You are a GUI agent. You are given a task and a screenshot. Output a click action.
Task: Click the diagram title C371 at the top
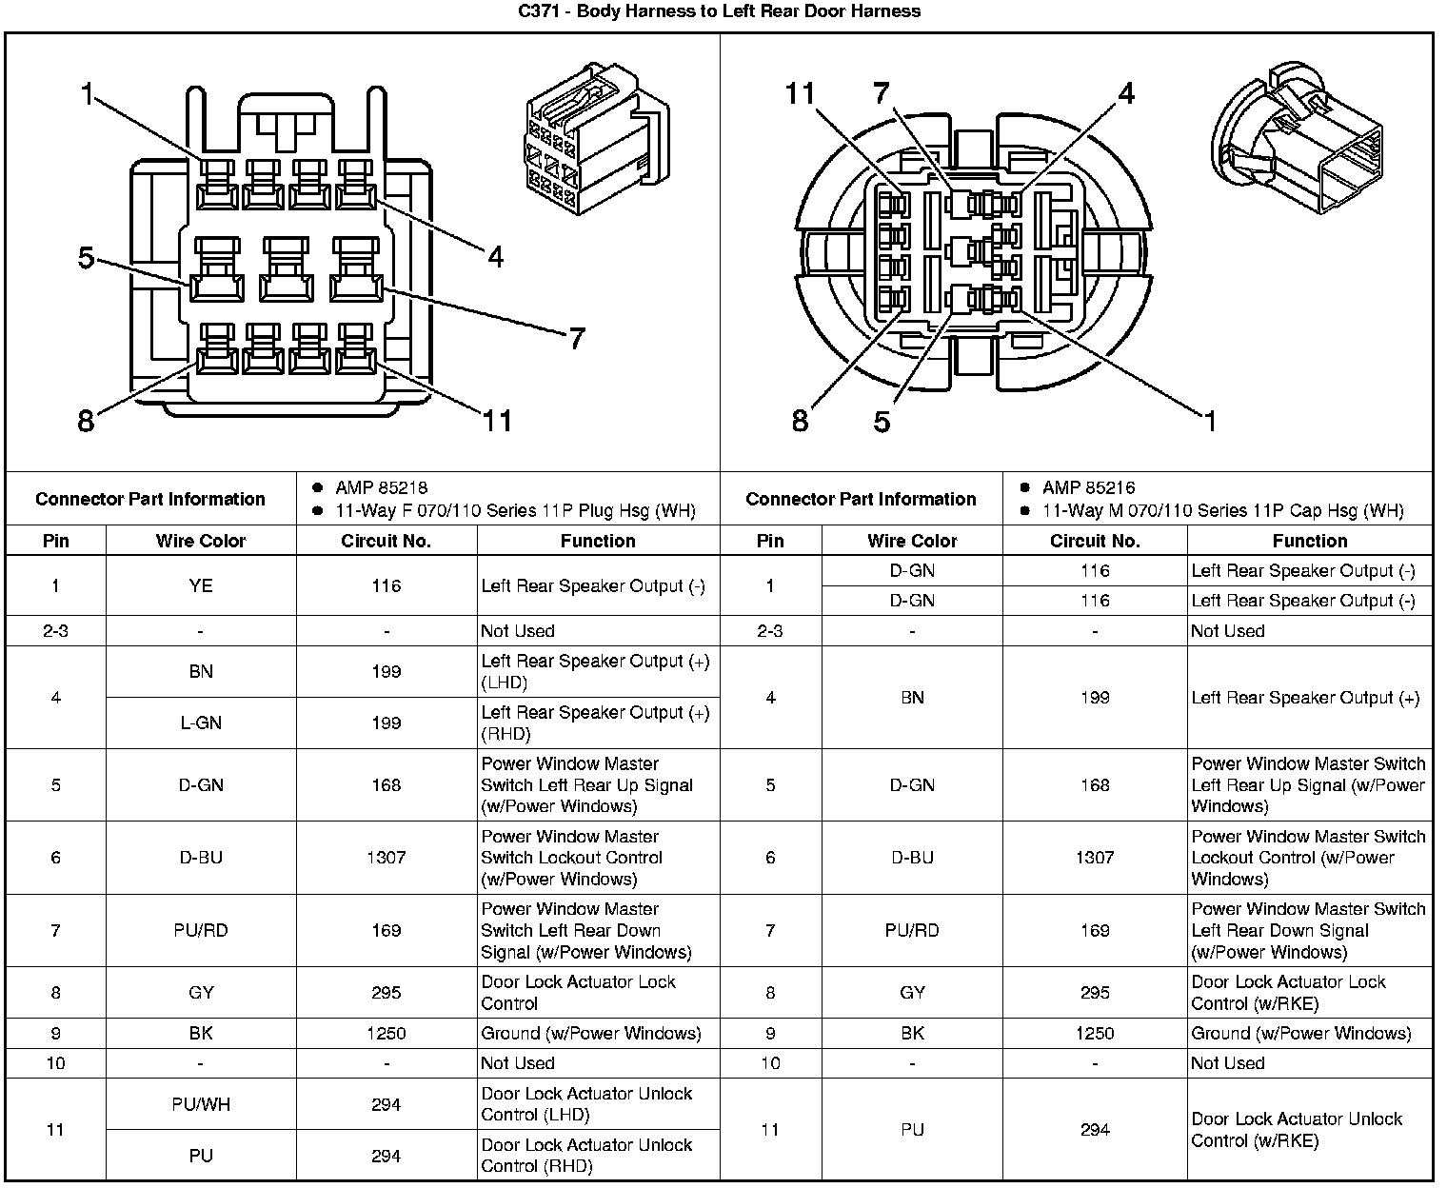[720, 11]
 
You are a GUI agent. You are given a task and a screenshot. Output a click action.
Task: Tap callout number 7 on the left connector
[576, 339]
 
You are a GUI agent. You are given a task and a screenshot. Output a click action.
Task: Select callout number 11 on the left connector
[498, 421]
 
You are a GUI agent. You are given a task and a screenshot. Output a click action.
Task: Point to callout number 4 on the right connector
[1126, 94]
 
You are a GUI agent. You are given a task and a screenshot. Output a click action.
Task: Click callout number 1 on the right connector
[1210, 421]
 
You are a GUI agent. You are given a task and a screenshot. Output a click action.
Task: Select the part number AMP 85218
[381, 487]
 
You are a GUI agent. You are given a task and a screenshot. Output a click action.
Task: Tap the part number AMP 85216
[1088, 487]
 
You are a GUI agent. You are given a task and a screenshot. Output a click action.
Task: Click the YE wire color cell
[201, 585]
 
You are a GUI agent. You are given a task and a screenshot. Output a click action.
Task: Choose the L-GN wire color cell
[201, 723]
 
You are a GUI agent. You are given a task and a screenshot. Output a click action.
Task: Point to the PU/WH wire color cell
[201, 1104]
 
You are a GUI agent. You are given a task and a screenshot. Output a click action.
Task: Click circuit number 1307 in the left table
[386, 858]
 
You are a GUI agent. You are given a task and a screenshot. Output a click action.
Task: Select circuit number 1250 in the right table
[1095, 1033]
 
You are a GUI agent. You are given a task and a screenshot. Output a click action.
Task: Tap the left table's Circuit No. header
[386, 541]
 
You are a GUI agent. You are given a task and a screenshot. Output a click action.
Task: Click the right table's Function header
[1309, 541]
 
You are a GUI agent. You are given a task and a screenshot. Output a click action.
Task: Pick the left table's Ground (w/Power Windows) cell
[591, 1033]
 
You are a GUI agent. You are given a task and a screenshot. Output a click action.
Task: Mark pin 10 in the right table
[770, 1063]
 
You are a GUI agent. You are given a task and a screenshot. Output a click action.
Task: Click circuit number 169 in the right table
[1095, 930]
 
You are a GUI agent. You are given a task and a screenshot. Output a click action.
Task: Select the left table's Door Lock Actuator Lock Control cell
[578, 992]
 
